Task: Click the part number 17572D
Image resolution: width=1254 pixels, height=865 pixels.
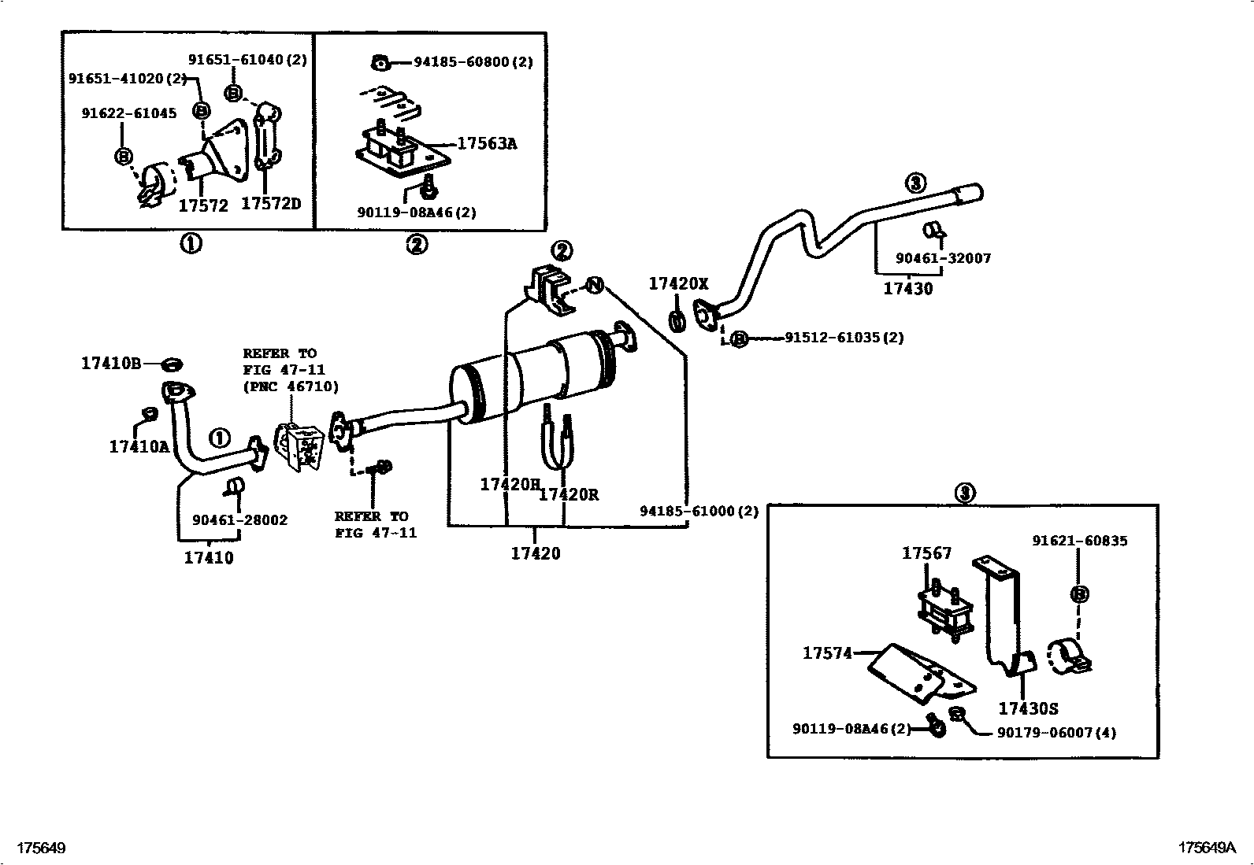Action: (270, 204)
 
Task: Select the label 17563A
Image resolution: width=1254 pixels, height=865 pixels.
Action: (487, 144)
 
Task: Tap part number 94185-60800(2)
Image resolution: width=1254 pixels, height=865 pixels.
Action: (473, 62)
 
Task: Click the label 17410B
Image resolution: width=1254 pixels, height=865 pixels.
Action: (110, 364)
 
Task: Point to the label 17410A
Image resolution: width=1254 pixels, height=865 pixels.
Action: (139, 447)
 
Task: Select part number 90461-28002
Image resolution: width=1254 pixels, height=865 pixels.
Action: (239, 520)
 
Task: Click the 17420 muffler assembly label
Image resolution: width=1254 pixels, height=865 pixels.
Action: (535, 553)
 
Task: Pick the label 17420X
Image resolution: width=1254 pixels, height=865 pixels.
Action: (678, 284)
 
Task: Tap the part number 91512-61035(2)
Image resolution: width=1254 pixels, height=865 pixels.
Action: (844, 338)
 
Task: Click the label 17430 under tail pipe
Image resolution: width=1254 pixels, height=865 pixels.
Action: (907, 288)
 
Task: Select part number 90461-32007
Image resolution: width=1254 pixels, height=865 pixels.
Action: (943, 258)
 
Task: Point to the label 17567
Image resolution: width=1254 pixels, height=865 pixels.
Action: (926, 553)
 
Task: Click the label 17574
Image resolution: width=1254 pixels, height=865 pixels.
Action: (827, 652)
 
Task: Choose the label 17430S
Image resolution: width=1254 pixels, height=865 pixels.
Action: (1028, 708)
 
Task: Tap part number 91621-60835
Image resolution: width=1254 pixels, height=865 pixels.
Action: (1079, 541)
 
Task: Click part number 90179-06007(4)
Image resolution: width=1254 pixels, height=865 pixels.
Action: (1056, 732)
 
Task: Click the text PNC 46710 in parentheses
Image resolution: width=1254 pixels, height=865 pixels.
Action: (291, 386)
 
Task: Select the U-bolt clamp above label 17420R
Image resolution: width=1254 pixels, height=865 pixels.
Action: (557, 441)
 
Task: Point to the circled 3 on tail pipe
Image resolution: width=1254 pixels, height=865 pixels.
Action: (915, 183)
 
